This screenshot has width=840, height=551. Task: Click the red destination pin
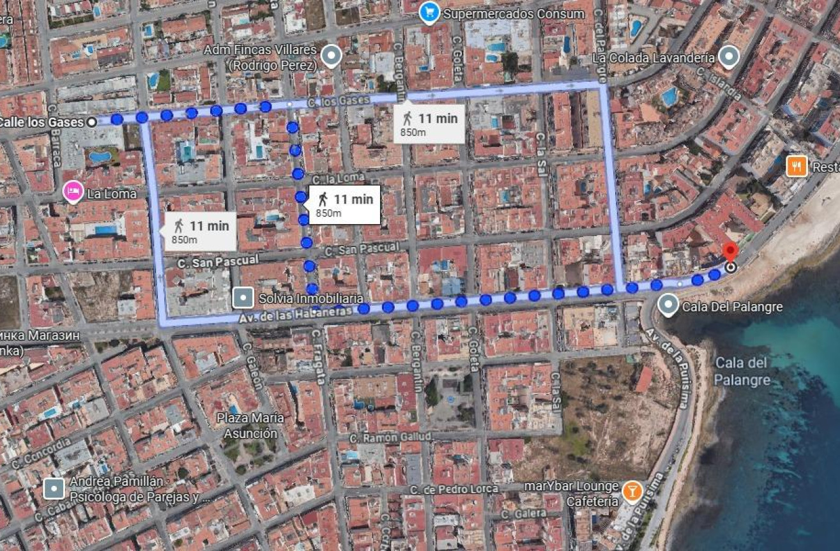click(729, 252)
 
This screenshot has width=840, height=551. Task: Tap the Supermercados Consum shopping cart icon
click(430, 13)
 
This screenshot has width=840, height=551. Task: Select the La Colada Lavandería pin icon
click(728, 57)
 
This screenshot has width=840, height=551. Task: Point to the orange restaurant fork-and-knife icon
click(797, 167)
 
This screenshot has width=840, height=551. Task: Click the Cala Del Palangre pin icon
click(668, 306)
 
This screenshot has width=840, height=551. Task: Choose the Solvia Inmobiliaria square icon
click(243, 298)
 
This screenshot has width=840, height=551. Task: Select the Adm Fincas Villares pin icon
click(331, 57)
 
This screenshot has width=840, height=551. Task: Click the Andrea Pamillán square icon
click(54, 489)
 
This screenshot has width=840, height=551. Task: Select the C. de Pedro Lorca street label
click(454, 489)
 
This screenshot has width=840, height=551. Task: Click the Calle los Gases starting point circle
click(92, 121)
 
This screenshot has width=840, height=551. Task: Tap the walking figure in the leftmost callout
click(178, 225)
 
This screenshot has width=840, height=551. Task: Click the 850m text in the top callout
click(413, 132)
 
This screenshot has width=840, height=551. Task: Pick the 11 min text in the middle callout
click(353, 199)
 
